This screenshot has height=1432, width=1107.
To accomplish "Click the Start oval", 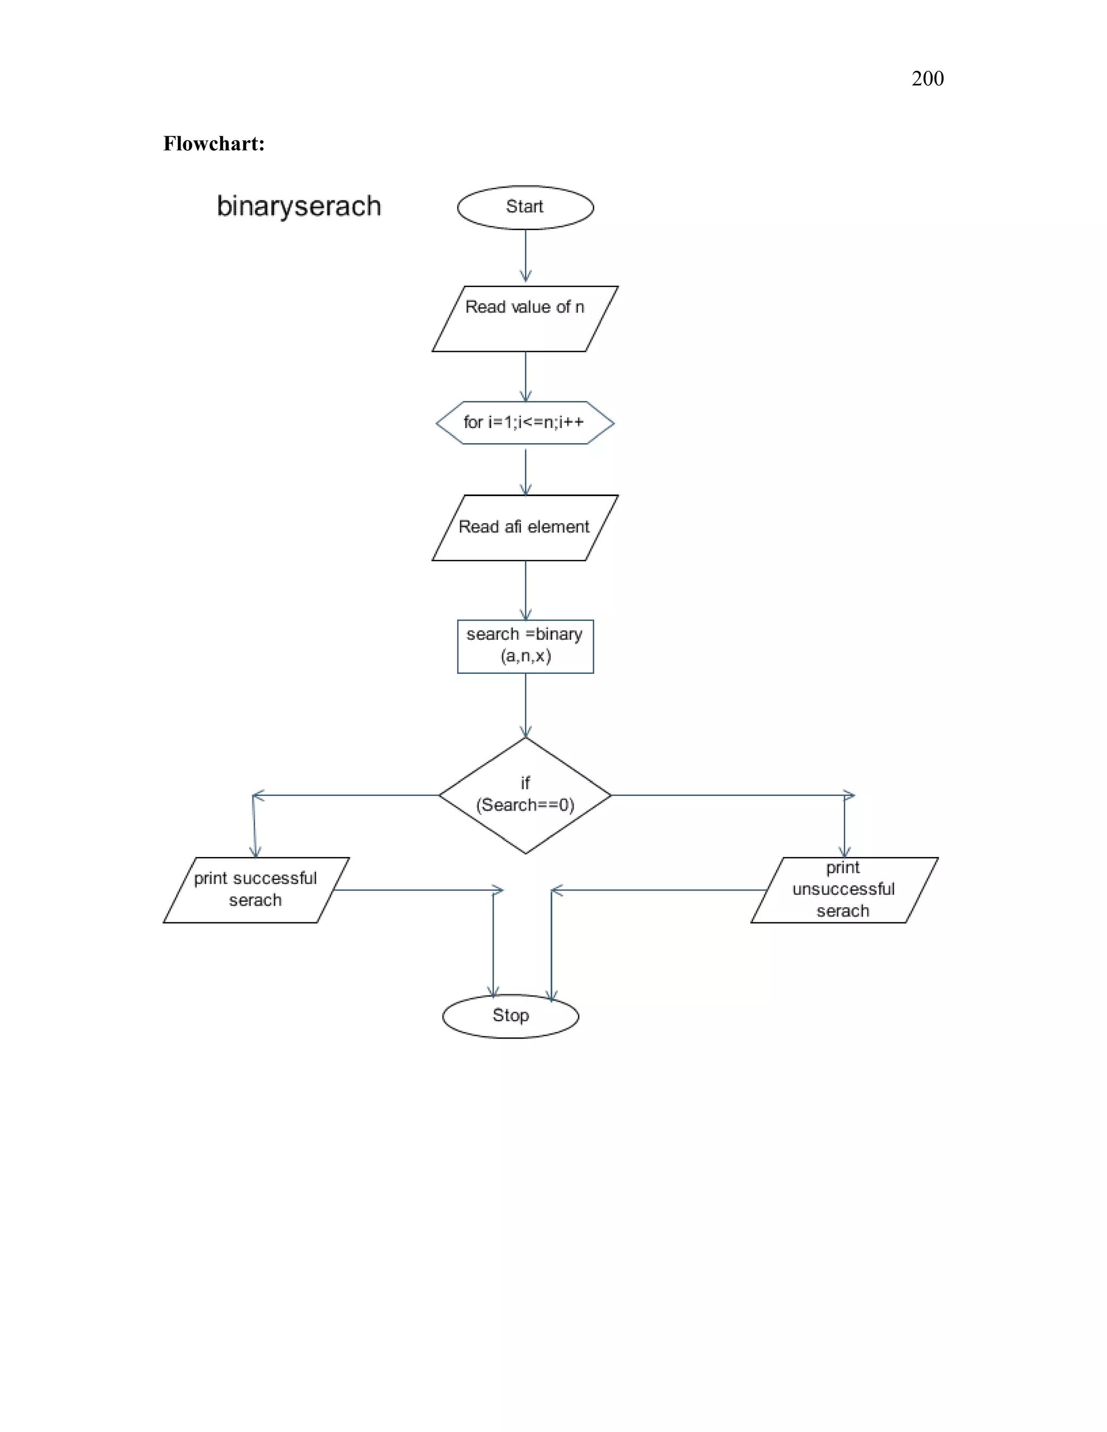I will (x=525, y=207).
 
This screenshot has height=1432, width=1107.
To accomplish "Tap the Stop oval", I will (x=510, y=1016).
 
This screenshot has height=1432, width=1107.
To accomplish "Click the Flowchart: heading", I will (x=214, y=144).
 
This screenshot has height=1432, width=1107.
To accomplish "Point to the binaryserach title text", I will (x=298, y=206).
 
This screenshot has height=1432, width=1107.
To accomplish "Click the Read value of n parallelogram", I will (x=525, y=319).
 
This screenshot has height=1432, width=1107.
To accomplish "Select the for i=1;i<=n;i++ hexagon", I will (x=525, y=422).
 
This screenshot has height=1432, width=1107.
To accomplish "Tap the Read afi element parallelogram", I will (x=525, y=527).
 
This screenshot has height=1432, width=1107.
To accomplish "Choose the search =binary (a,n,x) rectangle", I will (x=525, y=646).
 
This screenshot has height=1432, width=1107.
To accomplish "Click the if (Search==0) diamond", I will (x=525, y=795).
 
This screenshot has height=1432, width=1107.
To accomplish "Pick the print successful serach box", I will (x=256, y=890).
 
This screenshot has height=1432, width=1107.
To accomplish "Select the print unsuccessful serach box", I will (x=844, y=890).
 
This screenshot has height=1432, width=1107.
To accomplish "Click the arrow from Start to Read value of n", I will (x=525, y=256).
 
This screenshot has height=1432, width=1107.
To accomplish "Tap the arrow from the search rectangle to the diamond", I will (x=525, y=705).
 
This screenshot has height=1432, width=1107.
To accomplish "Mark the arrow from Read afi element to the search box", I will (x=525, y=590).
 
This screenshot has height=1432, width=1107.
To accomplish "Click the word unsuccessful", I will (x=843, y=889).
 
